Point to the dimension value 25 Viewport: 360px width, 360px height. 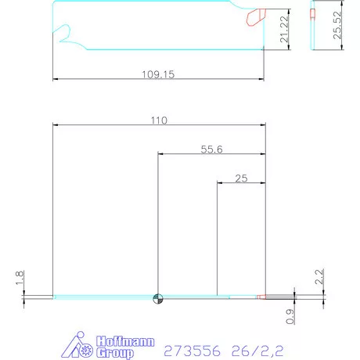(241, 178)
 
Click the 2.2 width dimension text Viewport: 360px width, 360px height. (319, 276)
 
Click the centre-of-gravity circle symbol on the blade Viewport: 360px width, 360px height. (158, 297)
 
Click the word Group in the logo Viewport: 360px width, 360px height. (114, 353)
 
